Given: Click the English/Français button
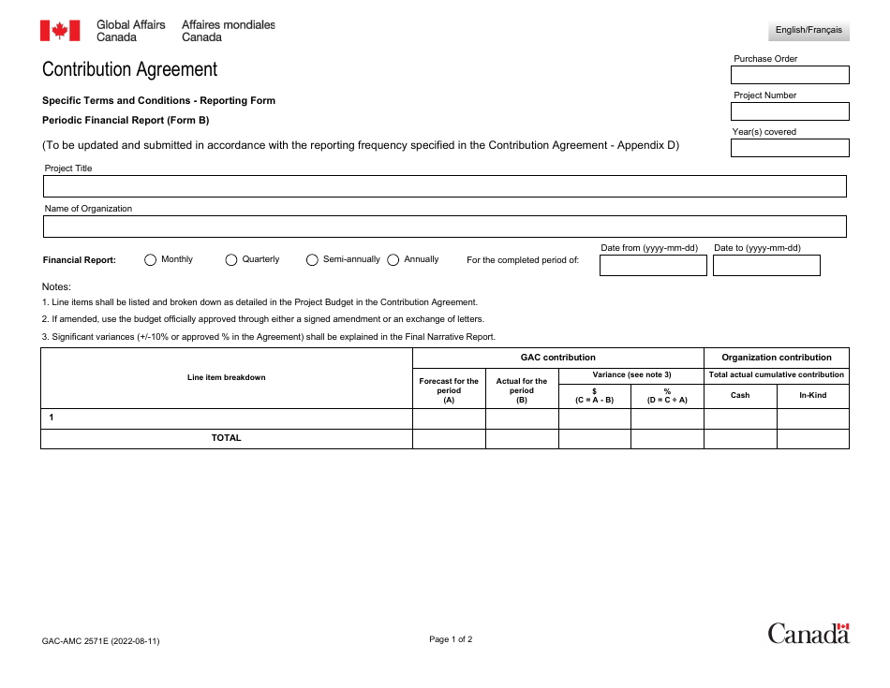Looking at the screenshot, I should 808,30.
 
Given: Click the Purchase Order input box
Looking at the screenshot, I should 790,75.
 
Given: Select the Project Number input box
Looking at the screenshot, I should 790,111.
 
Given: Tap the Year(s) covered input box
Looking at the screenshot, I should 790,148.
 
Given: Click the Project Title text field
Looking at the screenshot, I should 444,186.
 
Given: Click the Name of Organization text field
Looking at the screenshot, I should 444,227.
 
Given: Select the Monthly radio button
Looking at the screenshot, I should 150,260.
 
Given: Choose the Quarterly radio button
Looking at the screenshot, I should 231,260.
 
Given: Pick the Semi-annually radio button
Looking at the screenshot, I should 312,260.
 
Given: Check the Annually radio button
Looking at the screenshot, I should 393,260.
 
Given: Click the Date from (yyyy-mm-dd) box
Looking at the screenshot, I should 653,266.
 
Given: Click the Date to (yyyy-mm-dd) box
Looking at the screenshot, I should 766,266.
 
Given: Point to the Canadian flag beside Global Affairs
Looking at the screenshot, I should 60,31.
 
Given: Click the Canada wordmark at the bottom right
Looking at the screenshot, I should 808,634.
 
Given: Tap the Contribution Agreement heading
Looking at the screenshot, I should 129,69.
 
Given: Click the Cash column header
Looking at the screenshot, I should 740,395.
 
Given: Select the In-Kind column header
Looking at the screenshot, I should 812,395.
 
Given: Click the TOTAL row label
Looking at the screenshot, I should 226,438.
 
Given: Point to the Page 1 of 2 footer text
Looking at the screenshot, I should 451,639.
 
